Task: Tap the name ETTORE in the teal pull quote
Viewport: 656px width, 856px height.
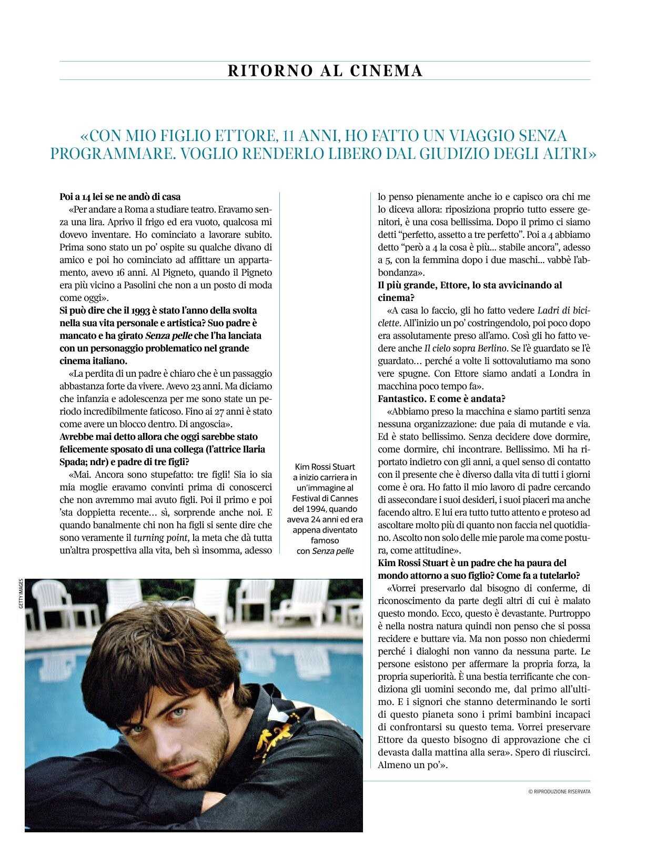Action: [x=246, y=136]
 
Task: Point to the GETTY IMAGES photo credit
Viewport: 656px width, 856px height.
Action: [x=21, y=594]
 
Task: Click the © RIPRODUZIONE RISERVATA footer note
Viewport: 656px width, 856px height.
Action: [x=559, y=791]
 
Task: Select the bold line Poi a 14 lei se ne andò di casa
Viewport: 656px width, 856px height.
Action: [x=120, y=197]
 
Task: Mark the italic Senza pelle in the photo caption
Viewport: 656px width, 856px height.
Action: [x=333, y=551]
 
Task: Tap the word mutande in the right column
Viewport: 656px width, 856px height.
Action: [x=538, y=424]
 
